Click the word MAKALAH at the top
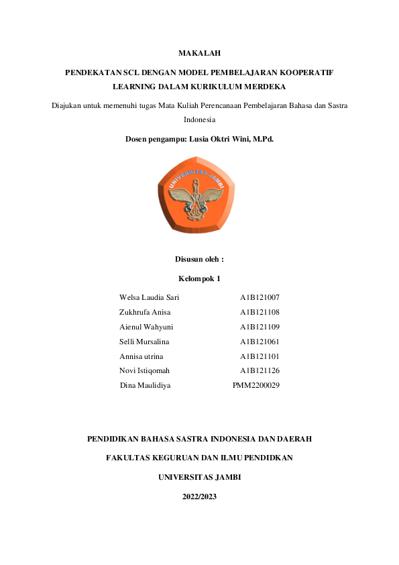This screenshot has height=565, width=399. tap(199, 52)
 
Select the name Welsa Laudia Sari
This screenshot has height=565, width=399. tap(149, 297)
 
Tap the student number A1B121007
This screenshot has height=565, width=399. tap(260, 297)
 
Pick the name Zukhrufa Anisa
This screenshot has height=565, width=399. tap(145, 312)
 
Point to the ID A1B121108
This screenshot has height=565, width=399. tap(260, 312)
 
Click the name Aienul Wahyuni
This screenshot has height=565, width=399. tap(146, 327)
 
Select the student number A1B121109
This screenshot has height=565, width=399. tap(260, 327)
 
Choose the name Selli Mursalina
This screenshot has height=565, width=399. tap(144, 342)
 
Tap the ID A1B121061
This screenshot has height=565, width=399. tap(260, 342)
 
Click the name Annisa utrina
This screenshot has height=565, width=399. tap(141, 356)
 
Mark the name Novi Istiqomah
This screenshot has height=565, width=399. tap(144, 370)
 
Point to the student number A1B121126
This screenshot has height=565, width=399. tap(260, 370)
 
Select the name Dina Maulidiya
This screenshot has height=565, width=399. tap(145, 385)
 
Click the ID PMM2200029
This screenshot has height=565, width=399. tap(256, 385)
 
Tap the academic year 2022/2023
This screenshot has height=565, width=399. tap(199, 497)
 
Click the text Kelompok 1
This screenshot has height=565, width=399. tap(199, 278)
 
